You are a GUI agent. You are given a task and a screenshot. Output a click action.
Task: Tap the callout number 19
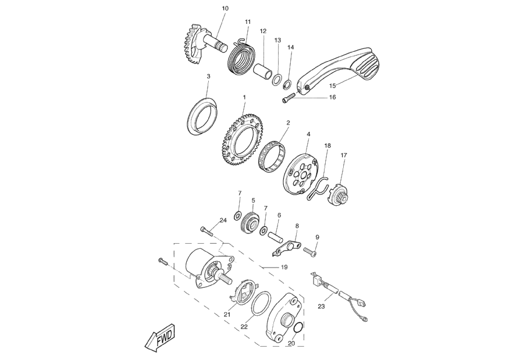[284, 267]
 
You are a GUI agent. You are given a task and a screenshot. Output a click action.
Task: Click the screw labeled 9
[309, 251]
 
